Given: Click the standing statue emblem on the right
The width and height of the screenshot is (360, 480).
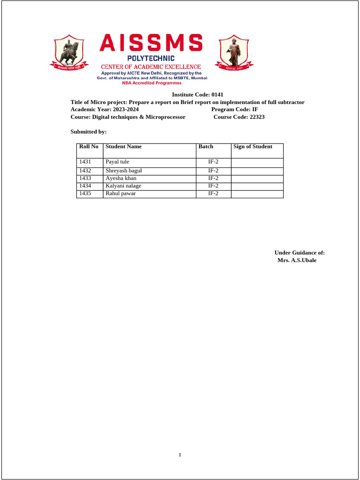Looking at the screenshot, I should click(233, 52).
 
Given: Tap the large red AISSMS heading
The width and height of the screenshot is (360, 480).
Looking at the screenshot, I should click(151, 44).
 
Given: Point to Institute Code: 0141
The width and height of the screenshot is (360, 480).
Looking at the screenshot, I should click(195, 95).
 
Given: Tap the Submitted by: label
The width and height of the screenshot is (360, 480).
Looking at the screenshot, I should click(89, 132).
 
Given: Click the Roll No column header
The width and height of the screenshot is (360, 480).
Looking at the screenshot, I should click(89, 147).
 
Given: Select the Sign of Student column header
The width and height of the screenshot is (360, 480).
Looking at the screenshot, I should click(253, 147).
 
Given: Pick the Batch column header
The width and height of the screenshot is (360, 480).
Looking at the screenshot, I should click(206, 147).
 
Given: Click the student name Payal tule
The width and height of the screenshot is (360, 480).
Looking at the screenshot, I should click(117, 162).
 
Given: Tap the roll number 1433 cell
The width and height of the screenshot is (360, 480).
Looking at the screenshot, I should click(85, 179).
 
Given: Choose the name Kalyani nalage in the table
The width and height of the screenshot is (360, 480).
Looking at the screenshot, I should click(123, 186).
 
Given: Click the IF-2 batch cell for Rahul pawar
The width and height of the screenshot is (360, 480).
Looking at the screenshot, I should click(213, 194).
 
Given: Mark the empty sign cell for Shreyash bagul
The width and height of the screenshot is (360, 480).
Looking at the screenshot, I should click(257, 171).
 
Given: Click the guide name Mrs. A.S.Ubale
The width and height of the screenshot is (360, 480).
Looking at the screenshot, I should click(297, 260).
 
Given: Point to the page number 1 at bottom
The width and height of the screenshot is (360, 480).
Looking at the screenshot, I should click(180, 455).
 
